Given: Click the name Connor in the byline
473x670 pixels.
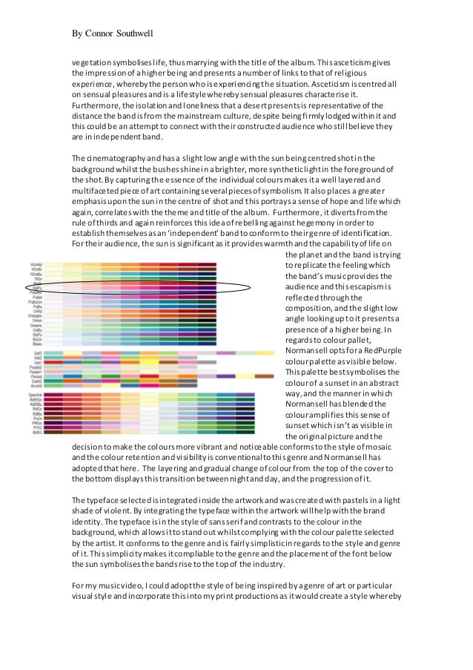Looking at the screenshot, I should coord(101,33).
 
